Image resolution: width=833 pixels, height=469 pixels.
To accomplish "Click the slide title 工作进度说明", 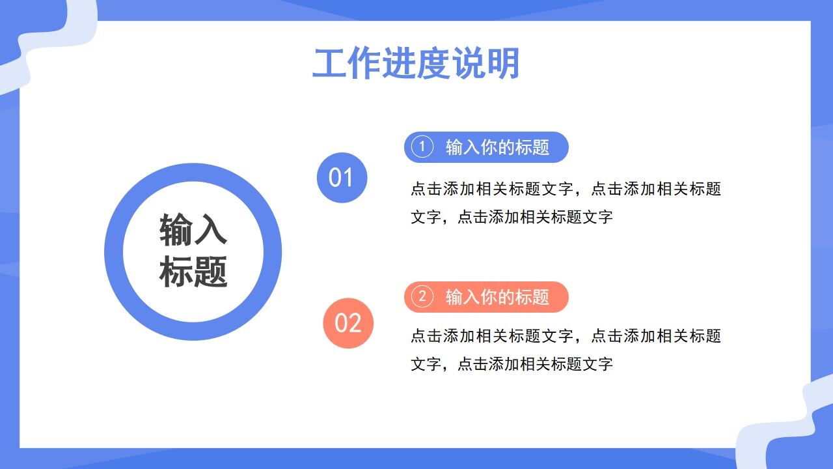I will (x=415, y=64).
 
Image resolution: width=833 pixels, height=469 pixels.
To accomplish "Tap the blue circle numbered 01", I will (x=342, y=178).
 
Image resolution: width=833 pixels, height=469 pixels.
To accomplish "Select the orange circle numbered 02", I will (x=348, y=323).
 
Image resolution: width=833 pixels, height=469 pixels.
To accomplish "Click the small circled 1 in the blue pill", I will (x=422, y=147).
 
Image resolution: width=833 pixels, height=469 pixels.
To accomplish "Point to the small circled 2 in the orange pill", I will (x=422, y=297).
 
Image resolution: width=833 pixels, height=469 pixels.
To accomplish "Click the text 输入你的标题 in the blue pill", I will (x=497, y=147).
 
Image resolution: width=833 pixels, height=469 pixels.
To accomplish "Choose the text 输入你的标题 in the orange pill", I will (x=497, y=297).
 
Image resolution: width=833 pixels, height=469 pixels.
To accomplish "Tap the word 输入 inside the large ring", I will (x=193, y=229).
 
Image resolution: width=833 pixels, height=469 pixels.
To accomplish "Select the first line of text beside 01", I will (x=566, y=189).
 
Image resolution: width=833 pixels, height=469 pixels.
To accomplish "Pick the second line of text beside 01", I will (x=512, y=217).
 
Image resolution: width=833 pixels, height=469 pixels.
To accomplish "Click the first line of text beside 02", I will (x=566, y=336).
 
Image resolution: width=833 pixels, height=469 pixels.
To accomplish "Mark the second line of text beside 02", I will (x=512, y=364).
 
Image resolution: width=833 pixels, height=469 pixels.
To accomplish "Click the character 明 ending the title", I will (x=502, y=64).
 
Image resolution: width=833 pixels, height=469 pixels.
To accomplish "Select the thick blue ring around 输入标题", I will (x=114, y=251).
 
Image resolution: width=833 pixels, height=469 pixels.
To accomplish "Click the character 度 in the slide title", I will (x=433, y=64).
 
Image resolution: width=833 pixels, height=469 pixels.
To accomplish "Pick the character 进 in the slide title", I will (x=398, y=64).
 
